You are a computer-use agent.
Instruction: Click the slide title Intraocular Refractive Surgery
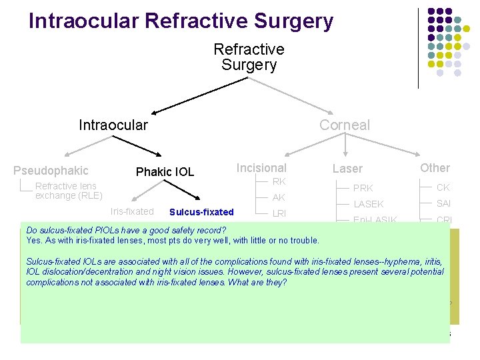tap(181, 21)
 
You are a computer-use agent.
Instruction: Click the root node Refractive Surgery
tap(249, 57)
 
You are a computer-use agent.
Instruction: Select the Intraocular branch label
tap(113, 125)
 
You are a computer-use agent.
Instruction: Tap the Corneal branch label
tap(344, 125)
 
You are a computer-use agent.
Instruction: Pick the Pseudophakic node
tap(51, 171)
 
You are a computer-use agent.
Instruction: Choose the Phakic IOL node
tap(165, 172)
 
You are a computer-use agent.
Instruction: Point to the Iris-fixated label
tap(131, 212)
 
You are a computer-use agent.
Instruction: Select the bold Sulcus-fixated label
tap(201, 212)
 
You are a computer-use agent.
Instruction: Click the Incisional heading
tap(261, 168)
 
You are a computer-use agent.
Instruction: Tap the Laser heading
tap(347, 169)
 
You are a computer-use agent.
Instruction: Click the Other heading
tap(435, 168)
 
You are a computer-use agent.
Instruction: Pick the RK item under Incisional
tap(279, 181)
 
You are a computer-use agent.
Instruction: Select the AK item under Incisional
tap(279, 197)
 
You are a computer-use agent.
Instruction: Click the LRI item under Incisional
tap(279, 213)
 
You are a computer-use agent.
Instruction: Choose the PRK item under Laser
tap(363, 188)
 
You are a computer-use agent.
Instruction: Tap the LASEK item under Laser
tap(368, 204)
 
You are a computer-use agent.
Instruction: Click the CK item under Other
tap(443, 187)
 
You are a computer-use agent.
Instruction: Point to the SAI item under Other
tap(444, 203)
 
